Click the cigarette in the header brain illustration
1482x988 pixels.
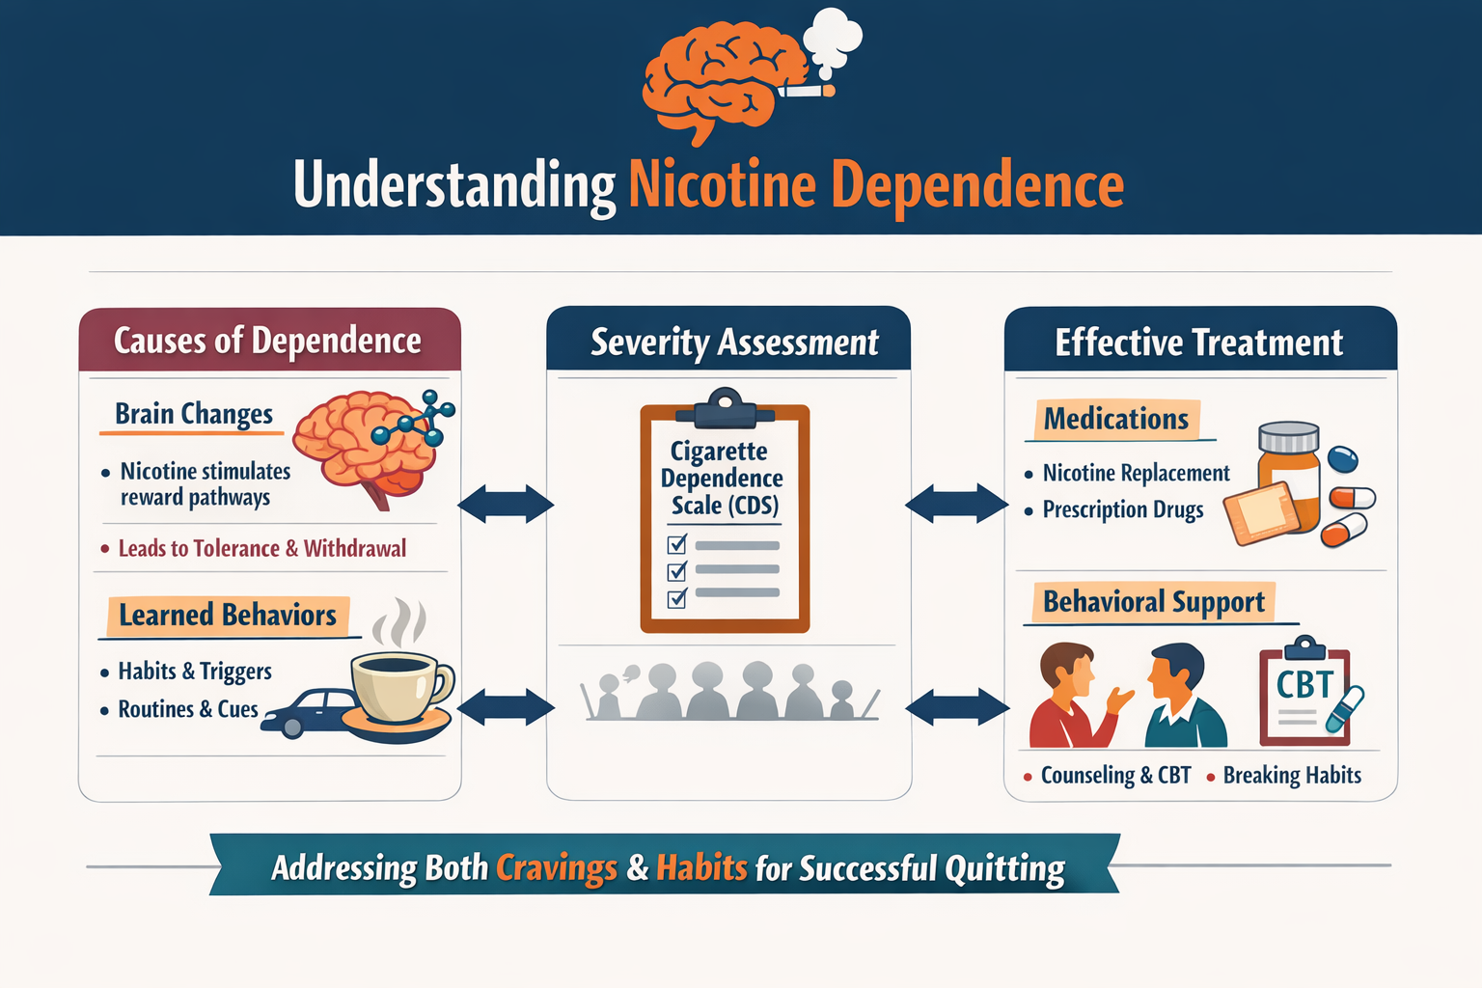(807, 92)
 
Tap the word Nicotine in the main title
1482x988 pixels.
(723, 185)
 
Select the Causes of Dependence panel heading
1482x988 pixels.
(267, 341)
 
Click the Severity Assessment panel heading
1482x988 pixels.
(734, 343)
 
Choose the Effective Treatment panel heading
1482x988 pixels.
(1198, 343)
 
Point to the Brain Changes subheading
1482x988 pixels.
(194, 414)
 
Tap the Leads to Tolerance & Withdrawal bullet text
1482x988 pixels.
(261, 549)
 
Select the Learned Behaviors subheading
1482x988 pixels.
(227, 616)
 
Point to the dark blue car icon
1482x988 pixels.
(307, 711)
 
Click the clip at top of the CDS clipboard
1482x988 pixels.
(725, 406)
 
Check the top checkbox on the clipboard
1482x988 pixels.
(677, 545)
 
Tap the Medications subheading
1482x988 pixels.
(1115, 420)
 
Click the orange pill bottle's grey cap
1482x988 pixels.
(1289, 437)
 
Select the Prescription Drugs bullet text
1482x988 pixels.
(1123, 510)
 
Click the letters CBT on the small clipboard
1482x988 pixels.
(1304, 685)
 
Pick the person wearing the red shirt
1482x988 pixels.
(1069, 700)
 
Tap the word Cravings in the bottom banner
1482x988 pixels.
(557, 868)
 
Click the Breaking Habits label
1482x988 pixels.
(1292, 776)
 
